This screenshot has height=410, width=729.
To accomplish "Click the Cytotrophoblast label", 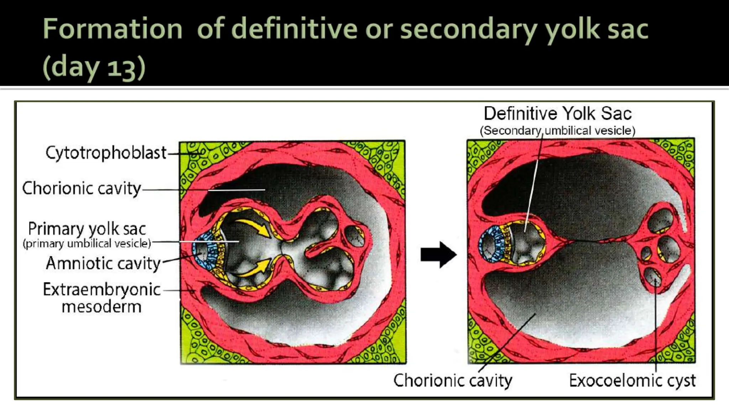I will coord(106,153).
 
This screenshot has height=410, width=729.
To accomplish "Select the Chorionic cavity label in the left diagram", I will coord(82,188).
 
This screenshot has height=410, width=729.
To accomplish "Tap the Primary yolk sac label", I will coord(87,228).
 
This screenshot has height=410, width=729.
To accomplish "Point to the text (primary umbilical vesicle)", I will coord(87,244).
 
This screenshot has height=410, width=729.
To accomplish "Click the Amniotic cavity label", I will coord(103,264).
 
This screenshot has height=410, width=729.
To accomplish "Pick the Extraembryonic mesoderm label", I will coord(102,298).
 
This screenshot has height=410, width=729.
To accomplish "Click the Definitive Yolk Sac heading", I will coord(557,114).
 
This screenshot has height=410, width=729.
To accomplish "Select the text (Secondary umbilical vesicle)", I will coord(557,131).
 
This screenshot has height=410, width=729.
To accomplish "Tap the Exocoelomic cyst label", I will coord(632,380).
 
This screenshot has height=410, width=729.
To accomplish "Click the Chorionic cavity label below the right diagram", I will coord(453,380).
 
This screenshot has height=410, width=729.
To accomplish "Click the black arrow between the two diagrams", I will coord(438,254).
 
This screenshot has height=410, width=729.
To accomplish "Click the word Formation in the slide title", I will coord(112,29).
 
